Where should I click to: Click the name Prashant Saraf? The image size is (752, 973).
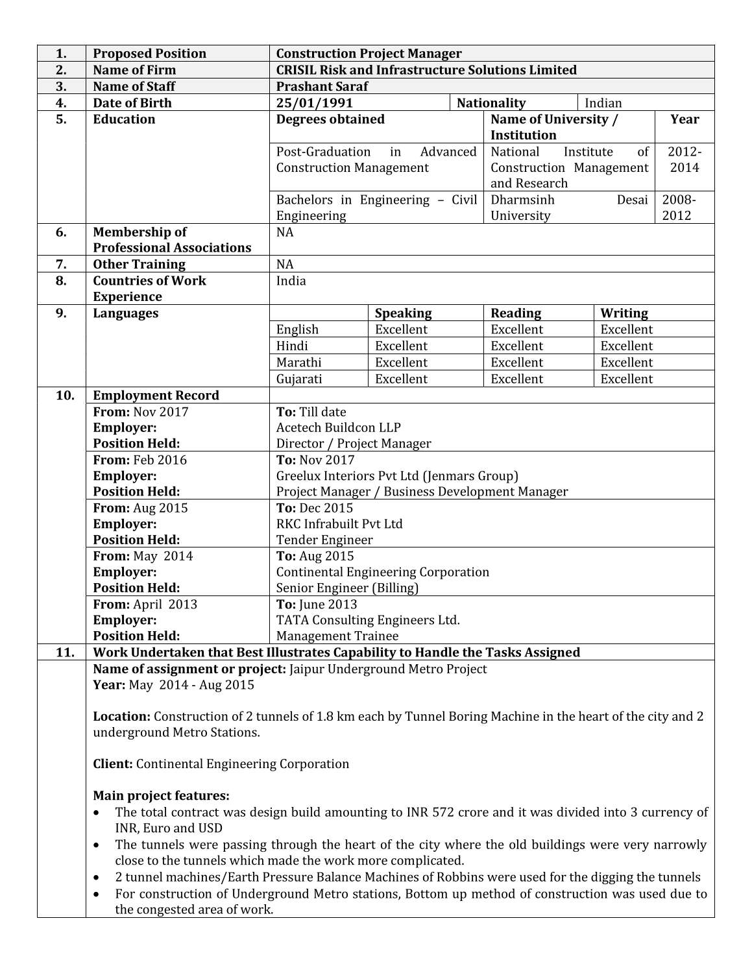pos(322,86)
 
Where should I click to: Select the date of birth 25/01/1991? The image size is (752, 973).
pos(314,102)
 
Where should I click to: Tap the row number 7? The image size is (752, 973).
pos(61,264)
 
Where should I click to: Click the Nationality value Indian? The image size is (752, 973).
pos(603,102)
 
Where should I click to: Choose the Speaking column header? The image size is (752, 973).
pos(403,313)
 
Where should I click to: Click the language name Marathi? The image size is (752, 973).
pos(298,362)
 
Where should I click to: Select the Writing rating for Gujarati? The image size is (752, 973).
pos(626,379)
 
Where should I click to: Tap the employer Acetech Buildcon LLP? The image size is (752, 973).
pos(338,427)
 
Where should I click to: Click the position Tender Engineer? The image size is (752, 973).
pos(324,540)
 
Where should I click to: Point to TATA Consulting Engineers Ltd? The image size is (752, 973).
pos(367,619)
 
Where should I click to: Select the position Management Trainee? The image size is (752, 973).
pos(337,636)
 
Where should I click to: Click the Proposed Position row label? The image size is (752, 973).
pos(149,53)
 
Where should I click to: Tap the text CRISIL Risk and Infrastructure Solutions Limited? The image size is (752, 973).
pos(426,69)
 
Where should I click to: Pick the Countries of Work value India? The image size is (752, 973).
pos(291,280)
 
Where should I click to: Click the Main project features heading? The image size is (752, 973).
pos(161,795)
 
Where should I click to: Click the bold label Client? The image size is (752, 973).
pos(113,763)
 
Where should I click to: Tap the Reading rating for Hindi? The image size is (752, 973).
pos(516,346)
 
